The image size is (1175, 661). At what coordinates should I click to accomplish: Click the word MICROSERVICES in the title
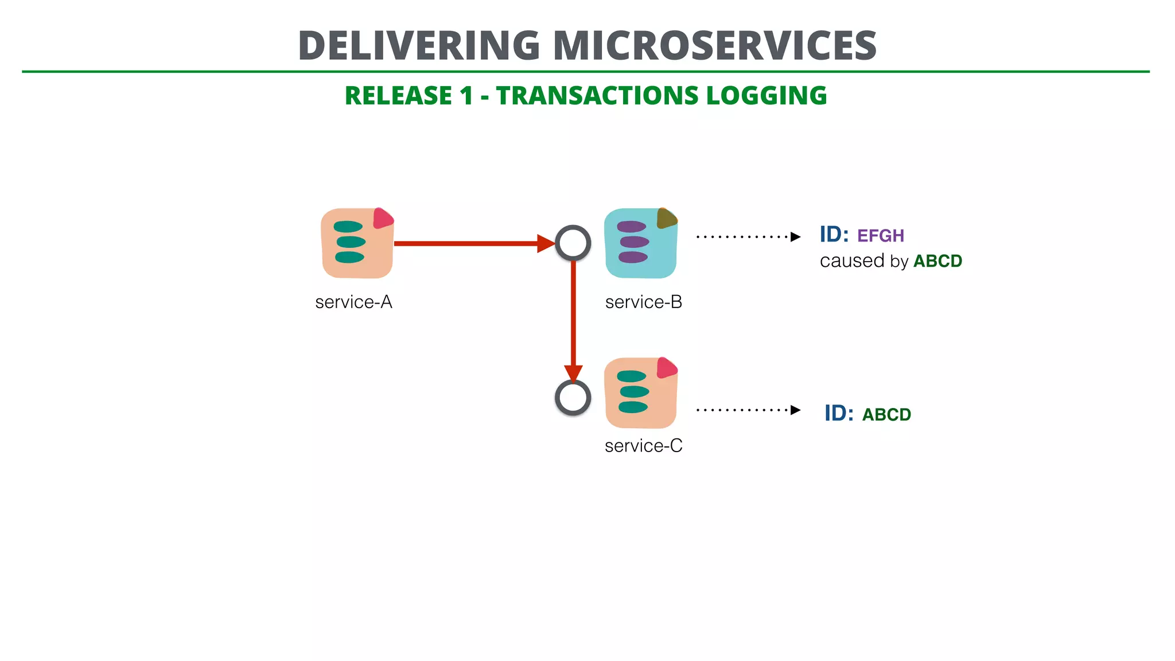pyautogui.click(x=714, y=46)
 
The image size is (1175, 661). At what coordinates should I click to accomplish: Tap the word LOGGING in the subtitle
pyautogui.click(x=767, y=96)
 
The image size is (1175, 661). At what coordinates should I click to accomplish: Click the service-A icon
pyautogui.click(x=357, y=243)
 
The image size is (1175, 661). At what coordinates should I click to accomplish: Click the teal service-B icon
pyautogui.click(x=641, y=243)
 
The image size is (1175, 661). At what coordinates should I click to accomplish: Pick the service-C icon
pyautogui.click(x=641, y=393)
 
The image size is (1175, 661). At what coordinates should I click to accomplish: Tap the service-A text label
pyautogui.click(x=353, y=302)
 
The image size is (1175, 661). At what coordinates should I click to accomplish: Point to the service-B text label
pyautogui.click(x=644, y=302)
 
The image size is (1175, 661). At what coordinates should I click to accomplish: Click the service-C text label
pyautogui.click(x=644, y=446)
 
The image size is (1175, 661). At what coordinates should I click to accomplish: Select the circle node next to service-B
pyautogui.click(x=573, y=243)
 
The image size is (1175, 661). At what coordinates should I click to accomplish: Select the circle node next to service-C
pyautogui.click(x=573, y=398)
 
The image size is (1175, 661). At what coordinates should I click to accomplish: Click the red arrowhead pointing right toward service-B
pyautogui.click(x=545, y=243)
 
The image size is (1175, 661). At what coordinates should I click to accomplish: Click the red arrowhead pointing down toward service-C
pyautogui.click(x=573, y=373)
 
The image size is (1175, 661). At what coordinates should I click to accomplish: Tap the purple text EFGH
pyautogui.click(x=880, y=236)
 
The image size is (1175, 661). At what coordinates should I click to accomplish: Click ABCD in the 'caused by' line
pyautogui.click(x=937, y=261)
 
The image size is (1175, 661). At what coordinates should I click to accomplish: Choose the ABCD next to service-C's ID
pyautogui.click(x=886, y=415)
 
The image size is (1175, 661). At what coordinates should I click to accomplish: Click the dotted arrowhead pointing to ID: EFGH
pyautogui.click(x=795, y=237)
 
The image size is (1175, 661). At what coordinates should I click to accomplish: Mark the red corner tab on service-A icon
pyautogui.click(x=383, y=219)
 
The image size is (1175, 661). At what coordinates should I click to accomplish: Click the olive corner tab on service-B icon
pyautogui.click(x=666, y=218)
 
